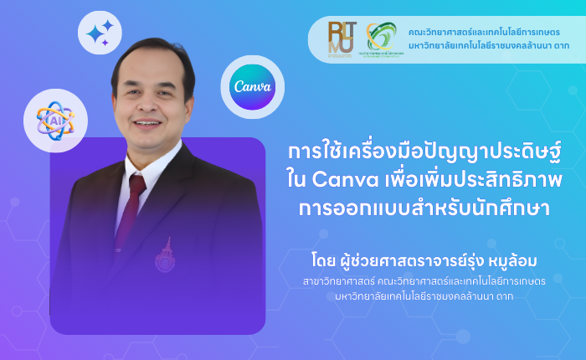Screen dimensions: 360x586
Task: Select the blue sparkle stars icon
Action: tap(100, 33)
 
